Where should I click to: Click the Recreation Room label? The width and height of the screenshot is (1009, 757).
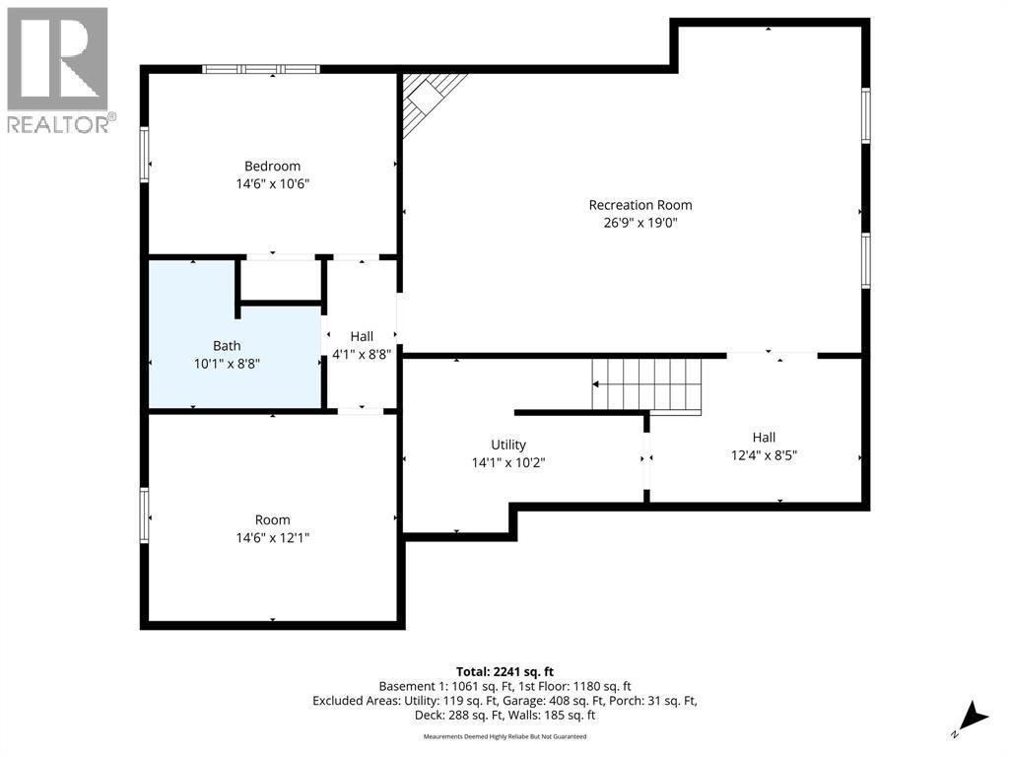coord(640,205)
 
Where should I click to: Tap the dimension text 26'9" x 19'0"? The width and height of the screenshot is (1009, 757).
coord(640,223)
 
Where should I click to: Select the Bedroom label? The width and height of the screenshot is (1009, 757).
coord(272,166)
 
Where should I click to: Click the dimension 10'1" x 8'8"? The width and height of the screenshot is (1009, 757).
coord(227,364)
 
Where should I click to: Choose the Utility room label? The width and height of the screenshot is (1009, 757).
coord(508,445)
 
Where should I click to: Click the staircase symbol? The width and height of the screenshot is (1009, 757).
coord(645,385)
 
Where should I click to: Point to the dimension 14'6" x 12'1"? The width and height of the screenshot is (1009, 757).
coord(273,538)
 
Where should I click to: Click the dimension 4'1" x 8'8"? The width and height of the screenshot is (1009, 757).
coord(361,355)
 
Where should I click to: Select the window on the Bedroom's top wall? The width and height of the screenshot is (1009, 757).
coord(261,69)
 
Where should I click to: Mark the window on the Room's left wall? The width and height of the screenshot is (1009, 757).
coord(145,516)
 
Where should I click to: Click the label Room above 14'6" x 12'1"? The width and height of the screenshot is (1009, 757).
coord(273,520)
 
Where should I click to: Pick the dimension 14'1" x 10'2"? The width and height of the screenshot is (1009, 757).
coord(508,462)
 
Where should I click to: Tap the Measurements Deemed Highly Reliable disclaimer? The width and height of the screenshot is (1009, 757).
coord(504,736)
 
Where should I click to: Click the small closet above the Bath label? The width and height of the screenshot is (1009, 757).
coord(282,281)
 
